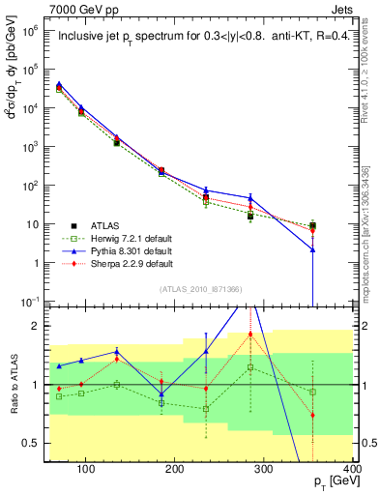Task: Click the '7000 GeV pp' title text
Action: [x=83, y=8]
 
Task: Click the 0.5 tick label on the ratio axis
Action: [x=33, y=443]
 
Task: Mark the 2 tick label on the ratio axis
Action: [x=37, y=326]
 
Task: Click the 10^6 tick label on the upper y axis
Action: [x=31, y=31]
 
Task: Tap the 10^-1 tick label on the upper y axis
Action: [x=31, y=301]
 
